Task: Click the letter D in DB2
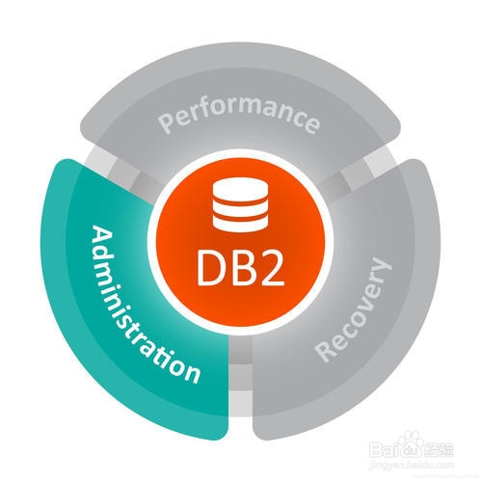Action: [211, 267]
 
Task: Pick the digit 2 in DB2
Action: [272, 267]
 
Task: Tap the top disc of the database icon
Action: [240, 191]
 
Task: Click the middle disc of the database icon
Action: [240, 208]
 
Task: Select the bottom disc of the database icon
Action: [240, 224]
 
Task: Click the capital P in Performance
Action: [166, 123]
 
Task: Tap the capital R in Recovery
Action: [325, 351]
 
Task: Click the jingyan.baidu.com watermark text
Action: [412, 465]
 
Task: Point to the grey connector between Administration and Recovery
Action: [241, 378]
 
